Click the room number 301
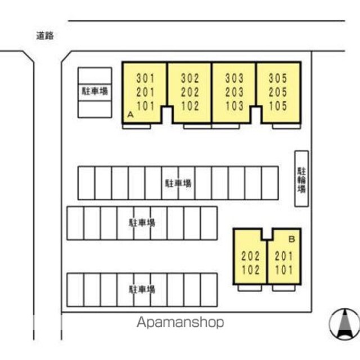point(145,78)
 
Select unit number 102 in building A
point(190,105)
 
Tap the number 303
point(234,78)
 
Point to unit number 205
point(278,92)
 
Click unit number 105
point(278,105)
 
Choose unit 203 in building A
point(234,92)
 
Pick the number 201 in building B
point(284,256)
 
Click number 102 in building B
point(251,269)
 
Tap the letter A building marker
point(130,114)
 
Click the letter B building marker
point(291,239)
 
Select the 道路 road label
point(45,35)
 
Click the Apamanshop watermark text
point(180,322)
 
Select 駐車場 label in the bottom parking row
point(142,290)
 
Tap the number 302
point(190,78)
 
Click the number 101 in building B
point(284,269)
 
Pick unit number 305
point(278,78)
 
